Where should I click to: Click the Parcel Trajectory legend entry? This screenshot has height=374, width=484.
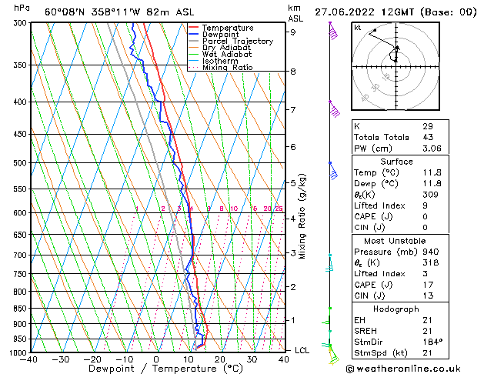point(237,42)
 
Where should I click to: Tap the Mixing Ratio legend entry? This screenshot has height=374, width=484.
point(230,68)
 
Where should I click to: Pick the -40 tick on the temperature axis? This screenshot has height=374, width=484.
point(29,359)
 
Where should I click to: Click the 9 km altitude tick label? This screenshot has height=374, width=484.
point(293,32)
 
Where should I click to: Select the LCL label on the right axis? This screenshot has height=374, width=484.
point(302,350)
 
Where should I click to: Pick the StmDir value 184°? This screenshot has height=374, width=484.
point(432,342)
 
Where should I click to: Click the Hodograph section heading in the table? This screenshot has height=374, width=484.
point(396,309)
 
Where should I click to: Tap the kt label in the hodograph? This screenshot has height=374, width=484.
point(358,27)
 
